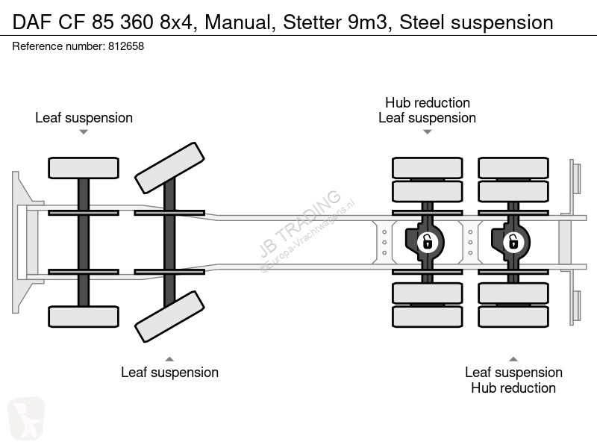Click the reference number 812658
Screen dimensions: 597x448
(126, 46)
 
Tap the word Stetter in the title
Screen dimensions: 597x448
(312, 22)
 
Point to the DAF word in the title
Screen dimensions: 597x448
(32, 22)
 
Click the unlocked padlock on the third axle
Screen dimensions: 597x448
(427, 242)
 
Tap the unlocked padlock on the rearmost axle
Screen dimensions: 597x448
(513, 242)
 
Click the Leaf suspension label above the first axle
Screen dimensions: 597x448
(84, 118)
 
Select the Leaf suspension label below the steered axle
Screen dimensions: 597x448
(170, 373)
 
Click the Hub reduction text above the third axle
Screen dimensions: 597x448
(428, 103)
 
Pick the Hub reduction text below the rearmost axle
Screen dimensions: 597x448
(513, 388)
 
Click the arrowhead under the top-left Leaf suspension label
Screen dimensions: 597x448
(84, 132)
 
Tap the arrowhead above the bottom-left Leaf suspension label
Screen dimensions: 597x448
(169, 359)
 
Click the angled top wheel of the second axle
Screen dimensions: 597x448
(170, 168)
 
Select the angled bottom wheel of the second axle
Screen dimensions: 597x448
(170, 317)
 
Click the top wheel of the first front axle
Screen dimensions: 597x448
(84, 168)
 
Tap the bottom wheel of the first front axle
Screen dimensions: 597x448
(84, 317)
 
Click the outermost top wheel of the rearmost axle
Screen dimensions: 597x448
(513, 168)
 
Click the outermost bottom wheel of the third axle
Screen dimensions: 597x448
(427, 317)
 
